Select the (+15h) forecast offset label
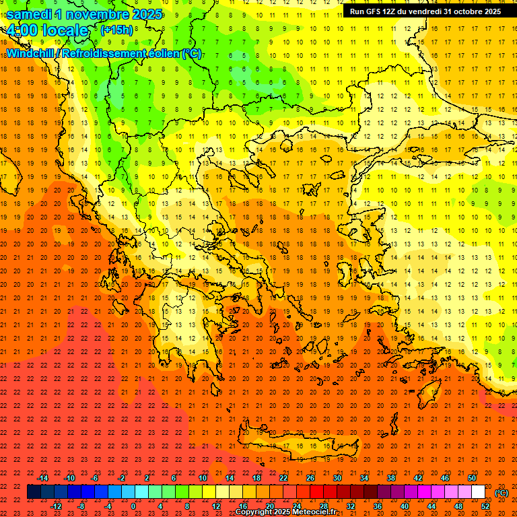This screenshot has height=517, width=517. click(x=116, y=30)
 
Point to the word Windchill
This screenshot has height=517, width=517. click(x=32, y=53)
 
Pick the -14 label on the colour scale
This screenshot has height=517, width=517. click(x=42, y=478)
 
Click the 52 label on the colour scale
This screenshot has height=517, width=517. click(x=485, y=506)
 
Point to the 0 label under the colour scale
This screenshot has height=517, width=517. click(x=133, y=506)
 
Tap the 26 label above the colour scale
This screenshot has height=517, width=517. click(x=310, y=478)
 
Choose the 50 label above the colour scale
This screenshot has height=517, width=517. click(x=472, y=478)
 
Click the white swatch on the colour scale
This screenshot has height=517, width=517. click(x=479, y=492)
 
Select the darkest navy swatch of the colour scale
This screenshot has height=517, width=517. click(x=34, y=492)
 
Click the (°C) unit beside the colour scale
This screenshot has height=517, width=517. click(x=501, y=493)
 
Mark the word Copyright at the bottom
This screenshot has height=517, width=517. click(x=254, y=512)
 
